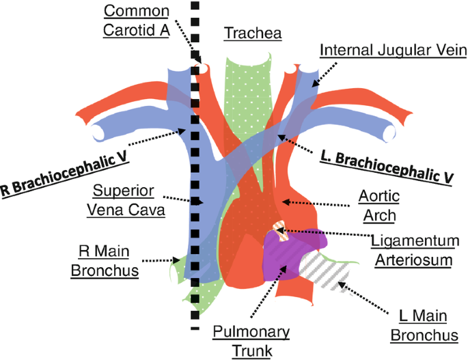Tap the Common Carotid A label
click(x=137, y=21)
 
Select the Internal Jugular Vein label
click(x=392, y=51)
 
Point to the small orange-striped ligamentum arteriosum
click(x=279, y=231)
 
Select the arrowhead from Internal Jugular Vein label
click(x=315, y=85)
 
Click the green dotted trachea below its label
click(x=247, y=89)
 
